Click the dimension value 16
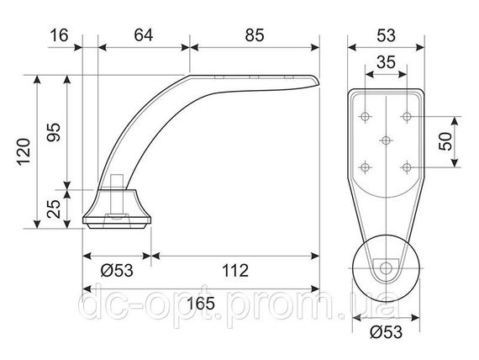pos(59,35)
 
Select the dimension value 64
pos(143,35)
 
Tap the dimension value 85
pos(255,35)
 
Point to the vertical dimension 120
pos(24,152)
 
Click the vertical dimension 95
pos(54,132)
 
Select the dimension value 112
pos(235,271)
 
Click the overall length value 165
pos(201,304)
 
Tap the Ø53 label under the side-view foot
pos(117,271)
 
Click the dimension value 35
pos(386,62)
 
